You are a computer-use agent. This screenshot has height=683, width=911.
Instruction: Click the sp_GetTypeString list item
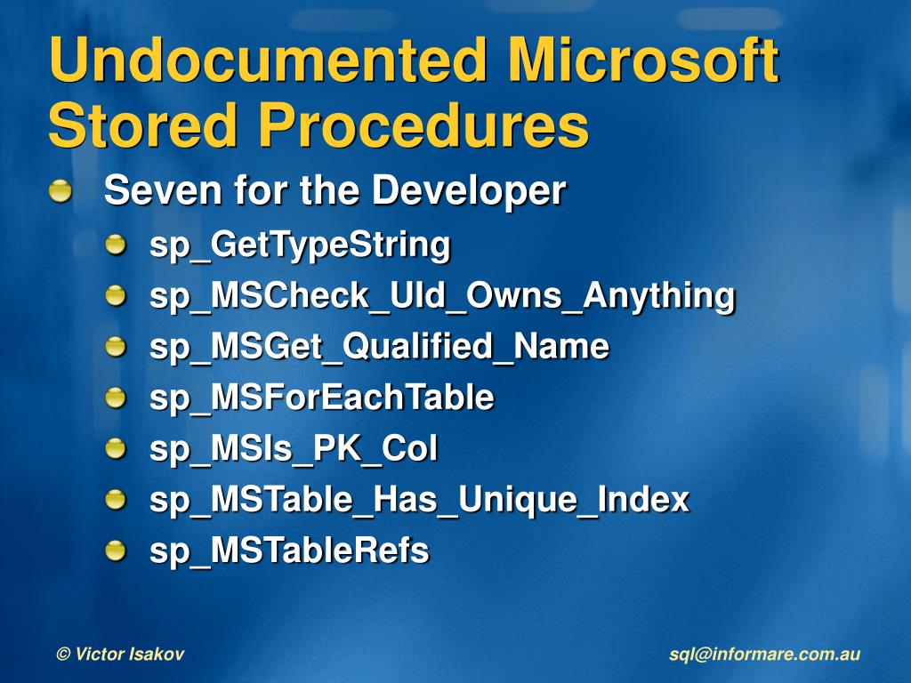(x=300, y=245)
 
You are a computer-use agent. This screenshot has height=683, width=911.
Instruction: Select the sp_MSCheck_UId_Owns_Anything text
(x=442, y=295)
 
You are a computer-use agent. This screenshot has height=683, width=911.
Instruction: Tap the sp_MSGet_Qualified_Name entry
(x=379, y=346)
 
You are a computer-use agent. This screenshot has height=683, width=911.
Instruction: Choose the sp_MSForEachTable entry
(x=321, y=397)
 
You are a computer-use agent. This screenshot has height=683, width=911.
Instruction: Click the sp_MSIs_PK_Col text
(x=294, y=448)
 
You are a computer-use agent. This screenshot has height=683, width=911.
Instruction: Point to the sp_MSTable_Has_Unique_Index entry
(x=419, y=499)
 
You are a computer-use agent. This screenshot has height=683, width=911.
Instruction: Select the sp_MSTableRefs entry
(x=289, y=550)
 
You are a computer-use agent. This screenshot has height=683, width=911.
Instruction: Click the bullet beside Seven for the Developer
(x=60, y=190)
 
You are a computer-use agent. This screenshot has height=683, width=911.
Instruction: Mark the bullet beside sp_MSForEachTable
(x=117, y=397)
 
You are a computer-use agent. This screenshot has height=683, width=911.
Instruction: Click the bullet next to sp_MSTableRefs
(x=117, y=550)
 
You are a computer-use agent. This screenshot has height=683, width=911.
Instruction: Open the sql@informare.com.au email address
(x=764, y=655)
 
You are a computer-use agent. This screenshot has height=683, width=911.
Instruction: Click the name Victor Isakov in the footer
(x=129, y=655)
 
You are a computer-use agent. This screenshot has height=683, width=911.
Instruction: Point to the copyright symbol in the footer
(x=62, y=655)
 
